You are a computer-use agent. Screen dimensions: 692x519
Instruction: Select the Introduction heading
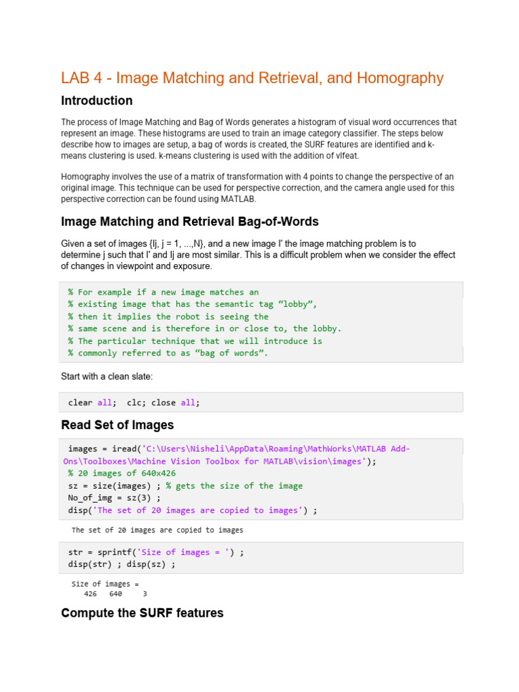(x=97, y=101)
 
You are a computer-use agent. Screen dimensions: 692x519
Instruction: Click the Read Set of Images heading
(x=117, y=425)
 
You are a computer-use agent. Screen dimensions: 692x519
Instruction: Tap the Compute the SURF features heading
(x=142, y=613)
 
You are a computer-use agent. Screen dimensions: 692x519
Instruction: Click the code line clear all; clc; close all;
(x=134, y=402)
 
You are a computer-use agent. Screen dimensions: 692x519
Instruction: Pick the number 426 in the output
(x=91, y=594)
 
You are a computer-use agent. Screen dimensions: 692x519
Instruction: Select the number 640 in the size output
(x=115, y=594)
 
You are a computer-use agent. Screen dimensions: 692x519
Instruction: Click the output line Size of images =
(x=105, y=584)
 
